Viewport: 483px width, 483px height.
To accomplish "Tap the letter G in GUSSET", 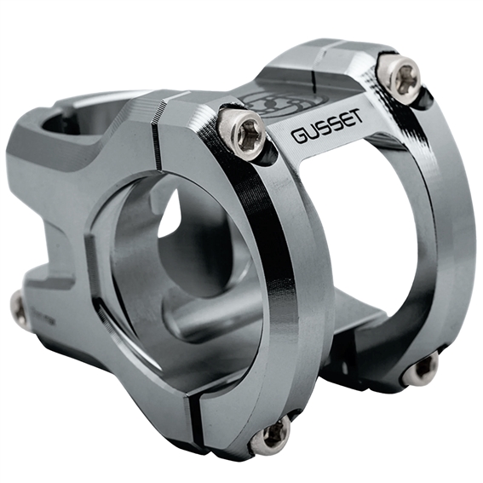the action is coord(298,135).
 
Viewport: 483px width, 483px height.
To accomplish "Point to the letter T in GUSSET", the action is coord(357,119).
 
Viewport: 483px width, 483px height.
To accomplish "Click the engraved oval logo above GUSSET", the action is coord(284,104).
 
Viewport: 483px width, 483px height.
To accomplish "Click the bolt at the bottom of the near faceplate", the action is coord(270,437).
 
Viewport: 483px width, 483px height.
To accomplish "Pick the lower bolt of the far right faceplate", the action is coord(423,370).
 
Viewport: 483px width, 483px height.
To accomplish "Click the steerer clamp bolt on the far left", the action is coord(19,309).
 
